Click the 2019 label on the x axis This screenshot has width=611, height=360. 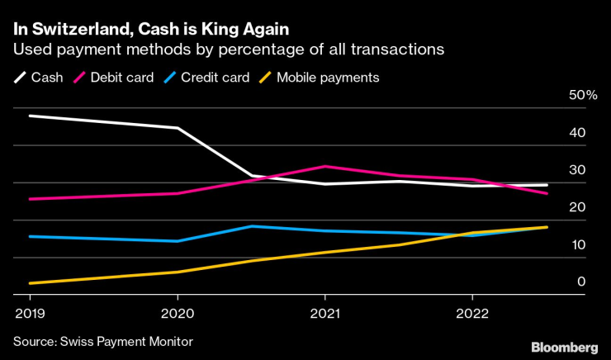click(x=30, y=314)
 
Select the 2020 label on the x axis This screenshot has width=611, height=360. click(x=178, y=314)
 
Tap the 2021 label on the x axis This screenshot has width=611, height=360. click(x=324, y=314)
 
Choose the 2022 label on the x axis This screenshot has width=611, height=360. click(x=471, y=314)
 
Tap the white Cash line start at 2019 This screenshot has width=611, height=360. click(x=31, y=116)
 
